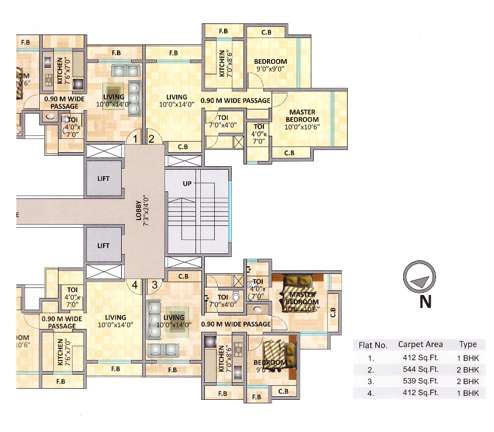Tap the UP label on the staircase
coord(187,183)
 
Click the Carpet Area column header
coord(420,344)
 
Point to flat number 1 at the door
coord(135,139)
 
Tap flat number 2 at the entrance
coord(151,139)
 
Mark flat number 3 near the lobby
coord(155,285)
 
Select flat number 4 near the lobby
coord(135,285)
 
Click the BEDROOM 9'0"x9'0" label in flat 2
coord(270,65)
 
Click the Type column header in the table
coord(468,344)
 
